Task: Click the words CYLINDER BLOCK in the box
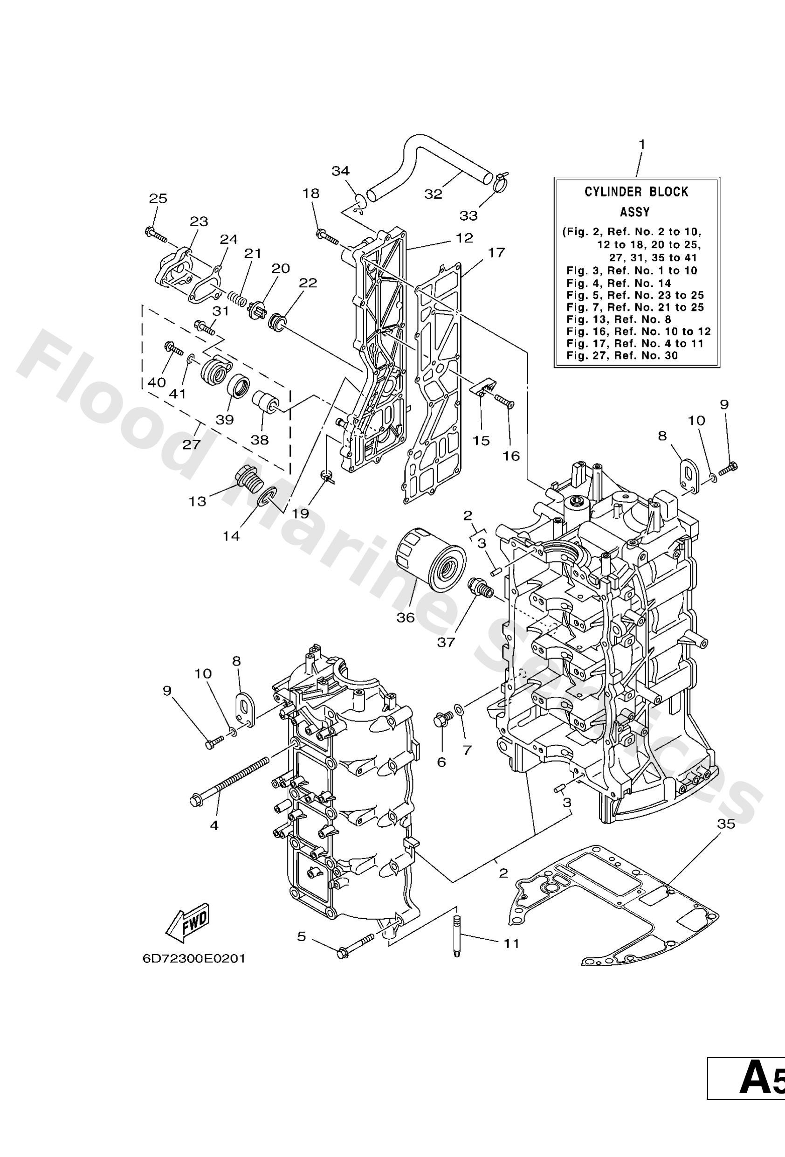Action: click(636, 192)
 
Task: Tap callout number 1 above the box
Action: click(641, 144)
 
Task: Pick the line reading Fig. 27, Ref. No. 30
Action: click(622, 355)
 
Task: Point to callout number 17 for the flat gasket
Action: click(496, 252)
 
